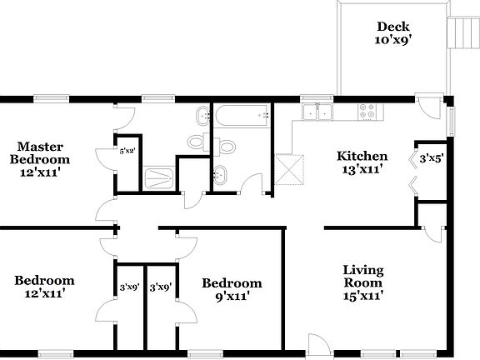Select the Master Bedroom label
(39, 152)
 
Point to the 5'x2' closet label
(127, 151)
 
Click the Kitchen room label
(362, 156)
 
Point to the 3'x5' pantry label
(430, 157)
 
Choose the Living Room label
(364, 276)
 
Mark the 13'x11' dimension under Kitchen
(362, 170)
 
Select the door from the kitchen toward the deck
(431, 107)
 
